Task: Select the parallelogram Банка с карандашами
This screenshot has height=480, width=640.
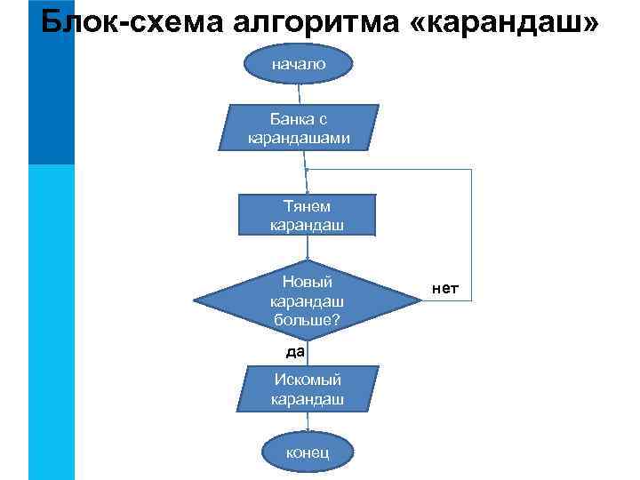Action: (x=299, y=127)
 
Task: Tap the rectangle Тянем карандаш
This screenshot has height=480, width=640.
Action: (x=306, y=216)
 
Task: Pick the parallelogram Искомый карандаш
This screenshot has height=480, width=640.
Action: (x=307, y=389)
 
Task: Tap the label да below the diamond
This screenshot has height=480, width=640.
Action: (x=295, y=351)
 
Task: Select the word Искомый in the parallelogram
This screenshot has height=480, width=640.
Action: (x=307, y=380)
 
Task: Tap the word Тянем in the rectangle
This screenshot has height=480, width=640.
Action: (x=306, y=206)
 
